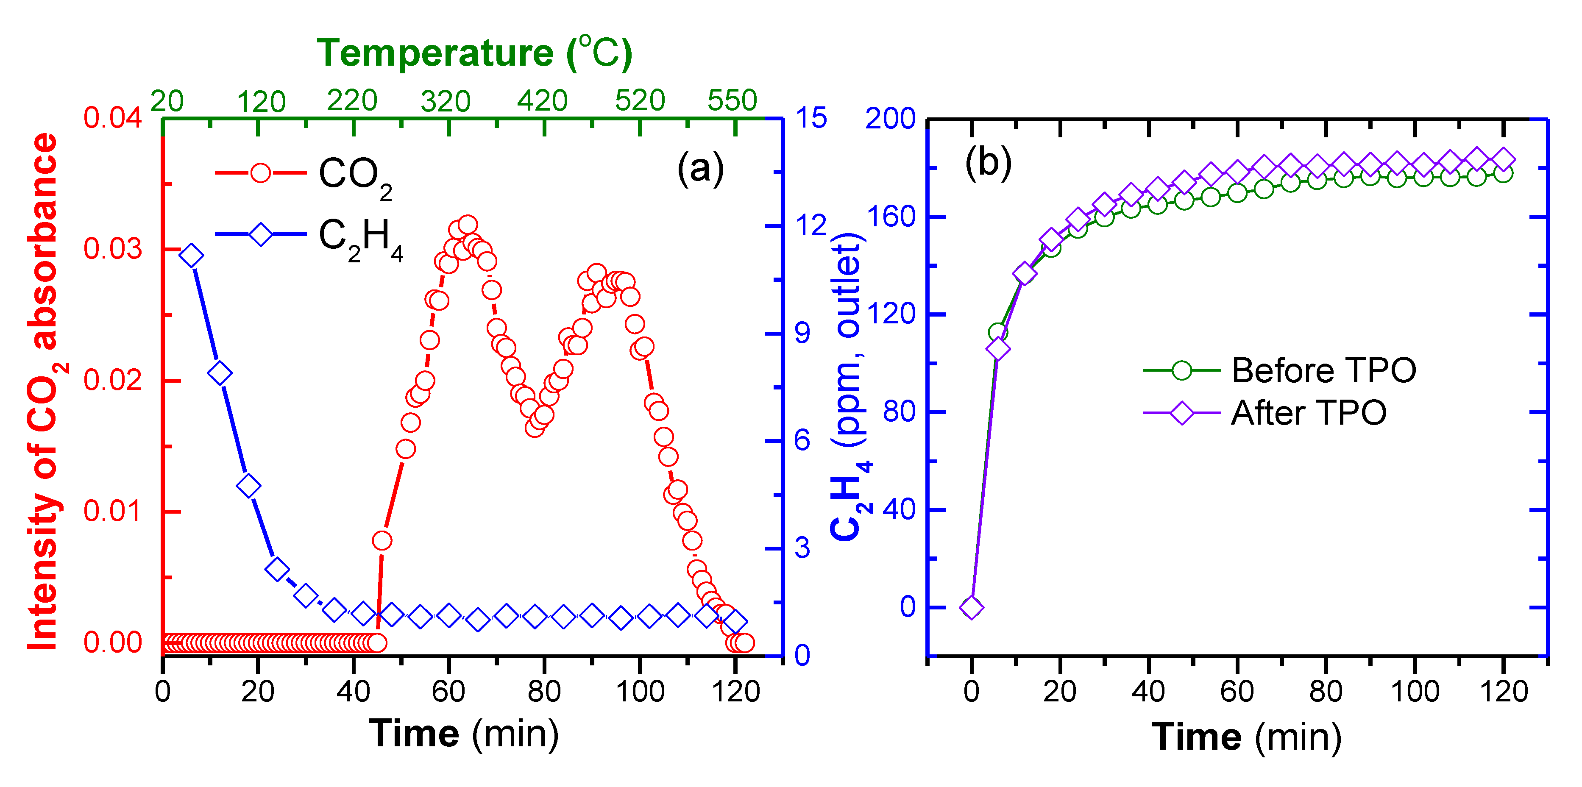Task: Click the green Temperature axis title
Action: point(474,53)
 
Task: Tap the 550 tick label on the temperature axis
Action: point(732,100)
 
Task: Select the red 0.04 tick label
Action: point(112,117)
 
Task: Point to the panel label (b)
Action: point(988,163)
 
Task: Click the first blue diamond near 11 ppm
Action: point(191,256)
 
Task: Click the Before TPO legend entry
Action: point(1281,370)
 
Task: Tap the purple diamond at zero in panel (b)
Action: point(971,607)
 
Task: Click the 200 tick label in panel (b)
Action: point(890,119)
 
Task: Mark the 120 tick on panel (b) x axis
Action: point(1504,692)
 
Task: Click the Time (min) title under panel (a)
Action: point(464,734)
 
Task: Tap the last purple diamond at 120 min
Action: point(1504,160)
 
